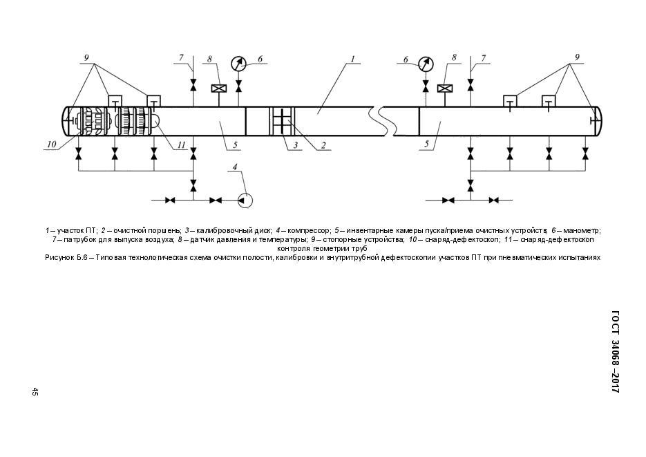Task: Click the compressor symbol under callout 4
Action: [x=245, y=200]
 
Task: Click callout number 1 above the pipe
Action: [x=352, y=59]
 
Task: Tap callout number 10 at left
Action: [x=51, y=144]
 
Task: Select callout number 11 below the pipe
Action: [x=182, y=144]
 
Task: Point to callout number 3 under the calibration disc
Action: [x=296, y=145]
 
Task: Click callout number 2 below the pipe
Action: [x=323, y=145]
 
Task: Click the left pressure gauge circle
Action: [x=238, y=64]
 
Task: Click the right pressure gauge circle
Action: [x=426, y=64]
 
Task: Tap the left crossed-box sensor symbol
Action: [x=217, y=88]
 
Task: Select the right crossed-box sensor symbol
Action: [x=445, y=88]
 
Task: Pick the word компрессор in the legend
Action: [x=309, y=230]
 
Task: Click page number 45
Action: [x=35, y=392]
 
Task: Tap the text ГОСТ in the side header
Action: [x=616, y=323]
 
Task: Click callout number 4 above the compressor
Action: [x=235, y=167]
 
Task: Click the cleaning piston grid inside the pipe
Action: [x=282, y=121]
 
